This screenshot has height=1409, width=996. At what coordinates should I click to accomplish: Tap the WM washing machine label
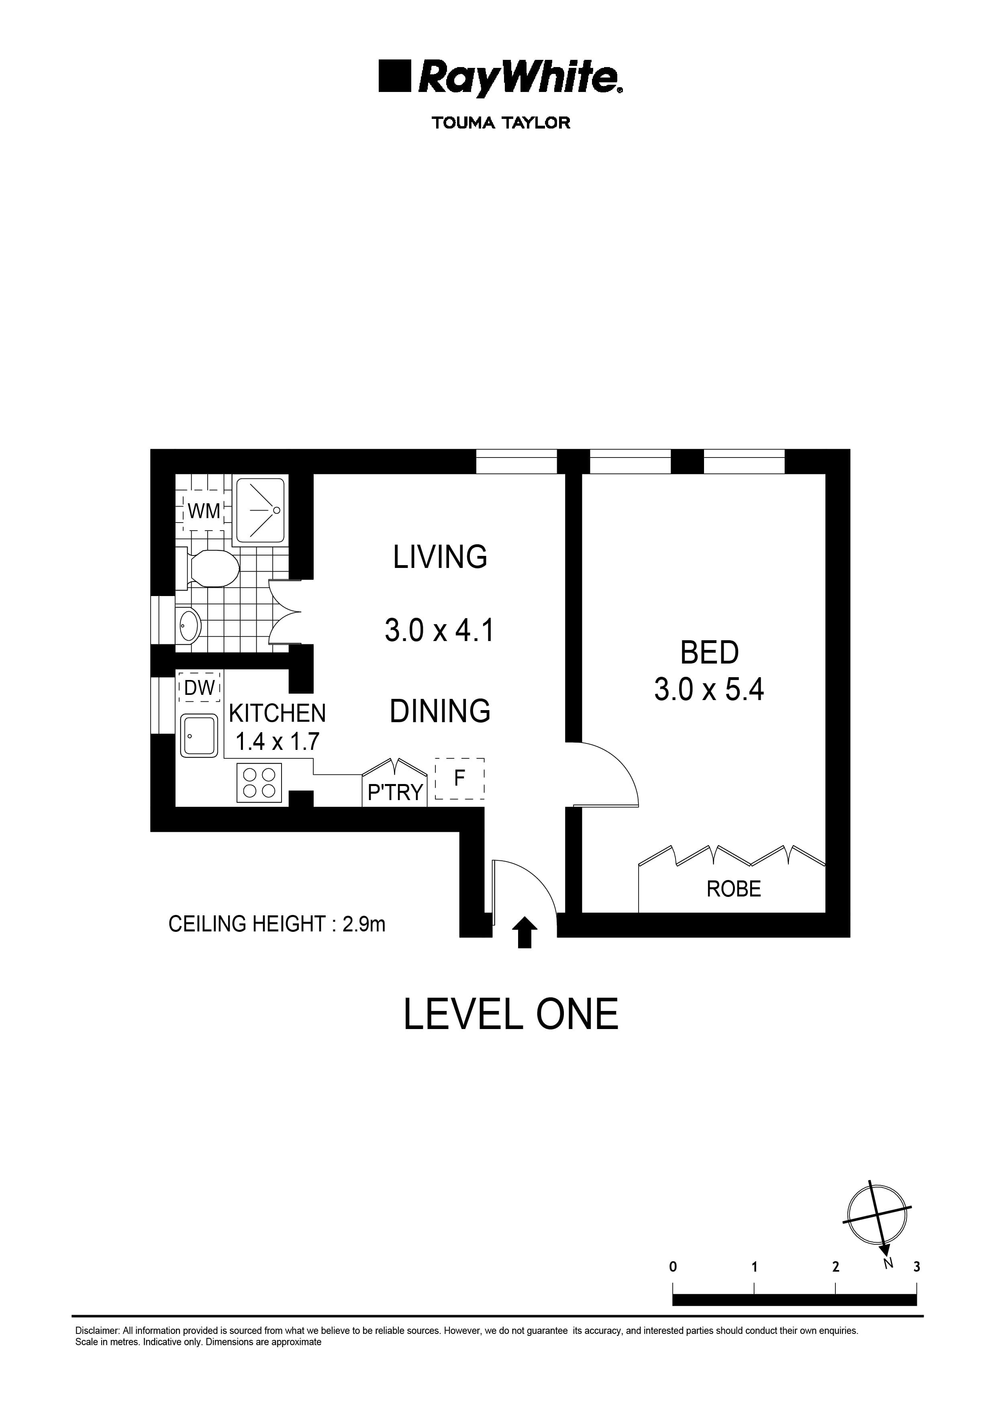(x=203, y=511)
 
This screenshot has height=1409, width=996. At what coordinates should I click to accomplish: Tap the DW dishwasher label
(x=199, y=688)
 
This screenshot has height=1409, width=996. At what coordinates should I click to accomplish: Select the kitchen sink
(x=199, y=735)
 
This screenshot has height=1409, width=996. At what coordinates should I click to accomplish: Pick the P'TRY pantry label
(x=395, y=792)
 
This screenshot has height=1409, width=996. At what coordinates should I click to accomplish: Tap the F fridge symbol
(x=459, y=778)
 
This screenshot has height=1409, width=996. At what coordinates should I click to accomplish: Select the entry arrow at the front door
(x=524, y=932)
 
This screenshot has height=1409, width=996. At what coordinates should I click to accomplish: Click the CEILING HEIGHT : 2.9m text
(x=277, y=923)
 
